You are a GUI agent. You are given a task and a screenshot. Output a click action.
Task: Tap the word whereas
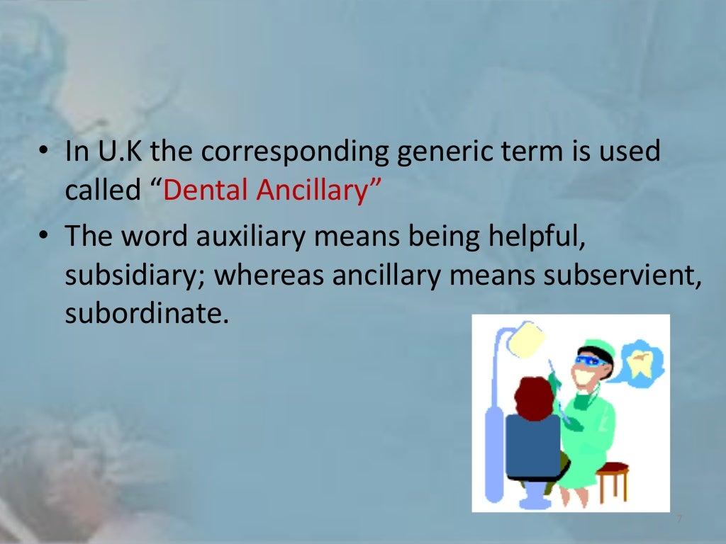[x=267, y=274]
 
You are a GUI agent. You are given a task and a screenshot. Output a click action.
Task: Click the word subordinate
[x=147, y=312]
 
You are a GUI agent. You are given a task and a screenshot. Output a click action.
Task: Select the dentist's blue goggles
[x=591, y=361]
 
